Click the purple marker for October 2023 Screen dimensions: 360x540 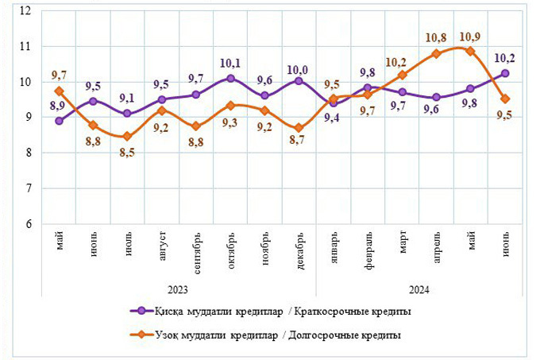230,79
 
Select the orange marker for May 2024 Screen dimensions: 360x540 470,51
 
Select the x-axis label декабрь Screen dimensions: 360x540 299,252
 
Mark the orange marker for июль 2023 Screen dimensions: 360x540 128,137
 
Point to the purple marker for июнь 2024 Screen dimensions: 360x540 504,73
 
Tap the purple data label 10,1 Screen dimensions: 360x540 230,63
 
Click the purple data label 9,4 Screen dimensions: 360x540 334,118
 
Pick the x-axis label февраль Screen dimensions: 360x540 368,253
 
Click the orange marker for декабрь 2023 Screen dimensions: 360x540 299,128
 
